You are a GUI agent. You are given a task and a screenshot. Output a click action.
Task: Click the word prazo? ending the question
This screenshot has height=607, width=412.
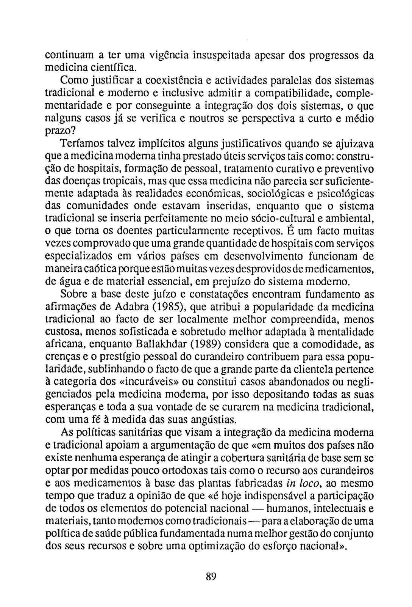(61, 131)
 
